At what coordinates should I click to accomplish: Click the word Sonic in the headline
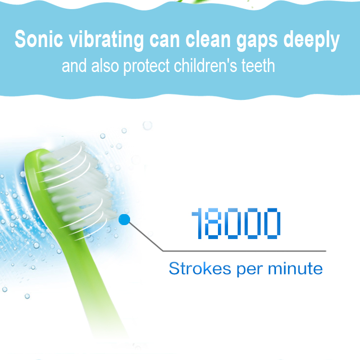(38, 39)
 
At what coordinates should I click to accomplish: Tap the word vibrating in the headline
(106, 41)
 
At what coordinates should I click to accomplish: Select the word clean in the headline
(208, 39)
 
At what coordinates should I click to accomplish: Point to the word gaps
(257, 41)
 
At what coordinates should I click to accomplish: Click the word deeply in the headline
(312, 41)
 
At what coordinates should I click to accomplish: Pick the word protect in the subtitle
(146, 67)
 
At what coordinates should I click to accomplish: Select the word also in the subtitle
(105, 65)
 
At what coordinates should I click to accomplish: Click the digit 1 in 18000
(197, 223)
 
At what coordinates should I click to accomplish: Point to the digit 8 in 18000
(213, 223)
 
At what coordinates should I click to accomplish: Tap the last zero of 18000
(272, 223)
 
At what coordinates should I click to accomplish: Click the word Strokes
(200, 268)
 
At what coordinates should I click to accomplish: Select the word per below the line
(250, 270)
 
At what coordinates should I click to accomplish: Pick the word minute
(295, 268)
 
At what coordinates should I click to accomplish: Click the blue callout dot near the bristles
(124, 220)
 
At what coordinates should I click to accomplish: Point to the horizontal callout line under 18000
(244, 251)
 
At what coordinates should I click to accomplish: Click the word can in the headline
(165, 41)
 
